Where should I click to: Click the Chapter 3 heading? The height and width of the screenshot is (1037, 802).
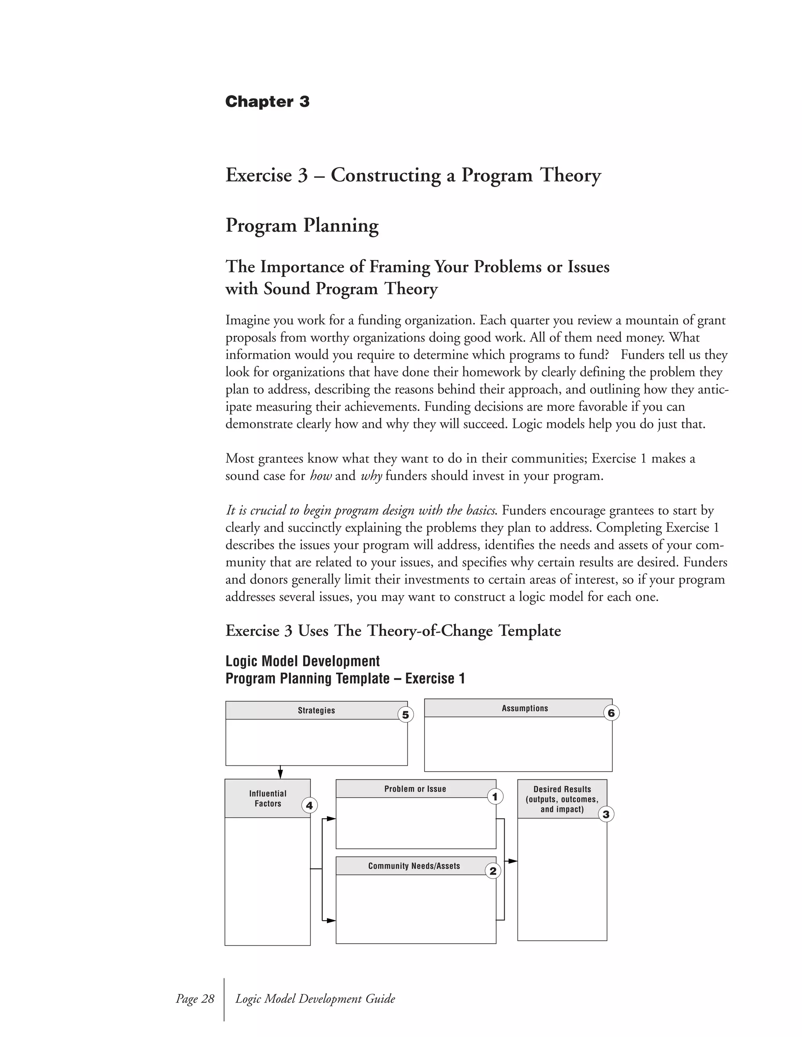(x=267, y=102)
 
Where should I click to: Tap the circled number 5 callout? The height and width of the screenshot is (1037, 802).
(x=405, y=715)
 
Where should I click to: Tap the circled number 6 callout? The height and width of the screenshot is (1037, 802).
(x=611, y=713)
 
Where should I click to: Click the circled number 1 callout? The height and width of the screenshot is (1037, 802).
(x=495, y=796)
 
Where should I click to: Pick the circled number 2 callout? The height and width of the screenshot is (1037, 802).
(x=493, y=871)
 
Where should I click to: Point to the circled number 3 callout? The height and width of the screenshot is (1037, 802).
(x=606, y=815)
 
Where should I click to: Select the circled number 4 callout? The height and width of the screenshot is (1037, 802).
(x=309, y=805)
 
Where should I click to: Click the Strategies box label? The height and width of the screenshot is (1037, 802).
(x=316, y=710)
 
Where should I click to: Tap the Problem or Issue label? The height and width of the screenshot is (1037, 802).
(x=415, y=789)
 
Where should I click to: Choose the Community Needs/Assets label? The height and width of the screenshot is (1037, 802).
(x=414, y=866)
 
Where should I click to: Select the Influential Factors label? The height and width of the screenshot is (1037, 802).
(x=267, y=798)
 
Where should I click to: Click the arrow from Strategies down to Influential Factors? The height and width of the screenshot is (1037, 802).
(x=280, y=772)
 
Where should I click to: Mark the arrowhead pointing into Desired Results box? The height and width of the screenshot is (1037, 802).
(x=513, y=861)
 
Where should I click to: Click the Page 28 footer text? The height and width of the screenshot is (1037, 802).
(x=195, y=999)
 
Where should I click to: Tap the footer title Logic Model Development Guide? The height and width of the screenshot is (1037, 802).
(x=315, y=999)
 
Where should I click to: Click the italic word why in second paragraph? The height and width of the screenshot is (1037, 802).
(x=371, y=476)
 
